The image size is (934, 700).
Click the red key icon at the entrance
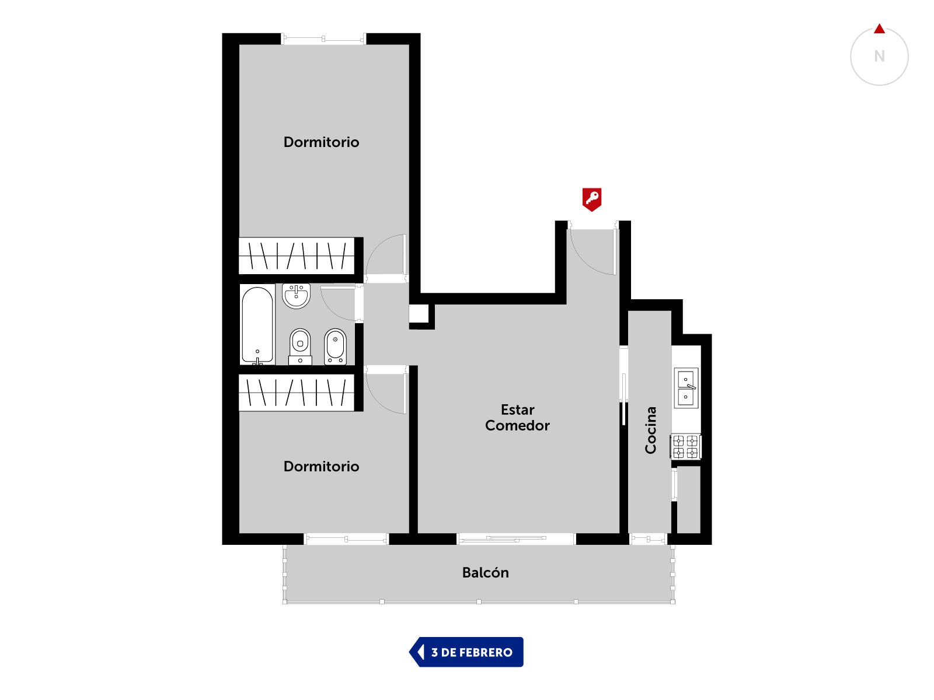point(591,199)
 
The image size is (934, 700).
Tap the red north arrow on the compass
point(879,29)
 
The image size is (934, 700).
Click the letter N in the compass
point(879,56)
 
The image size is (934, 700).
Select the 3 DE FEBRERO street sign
point(466,652)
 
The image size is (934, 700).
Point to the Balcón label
point(485,572)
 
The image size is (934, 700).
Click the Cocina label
point(650,430)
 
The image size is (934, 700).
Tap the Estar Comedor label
point(517,417)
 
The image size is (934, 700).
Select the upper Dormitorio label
point(321,142)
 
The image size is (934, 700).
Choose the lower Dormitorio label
point(321,466)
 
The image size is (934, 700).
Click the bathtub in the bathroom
point(257,325)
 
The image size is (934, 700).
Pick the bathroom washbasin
point(296,296)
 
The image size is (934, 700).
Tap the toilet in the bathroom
point(300,346)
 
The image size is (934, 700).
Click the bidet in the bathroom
point(335,346)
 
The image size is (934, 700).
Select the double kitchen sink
point(685,387)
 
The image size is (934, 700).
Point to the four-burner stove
point(685,446)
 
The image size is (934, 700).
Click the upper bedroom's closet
point(297,256)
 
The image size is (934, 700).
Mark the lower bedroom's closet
point(297,392)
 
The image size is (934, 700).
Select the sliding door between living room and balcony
point(515,539)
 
